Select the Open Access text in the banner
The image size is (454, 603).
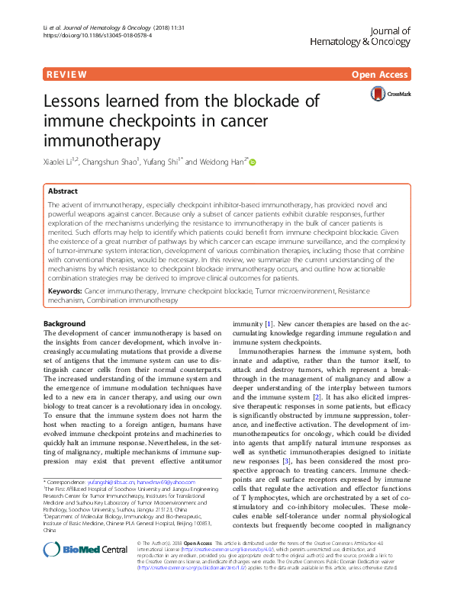click(382, 75)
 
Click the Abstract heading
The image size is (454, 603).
click(63, 192)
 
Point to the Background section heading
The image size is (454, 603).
click(64, 323)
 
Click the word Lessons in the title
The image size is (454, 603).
click(82, 101)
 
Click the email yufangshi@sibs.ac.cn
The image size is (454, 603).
click(110, 482)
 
